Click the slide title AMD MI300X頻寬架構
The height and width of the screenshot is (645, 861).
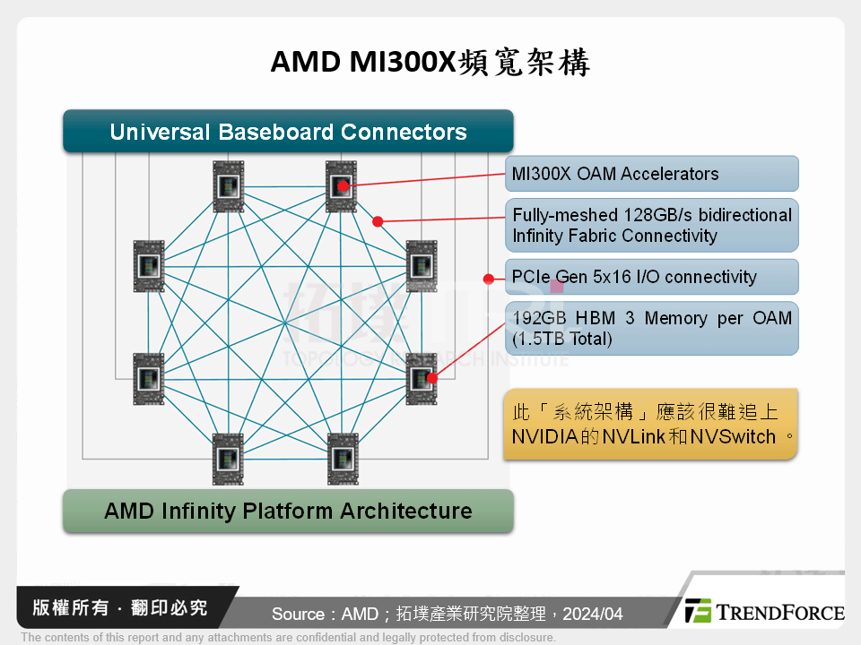(430, 63)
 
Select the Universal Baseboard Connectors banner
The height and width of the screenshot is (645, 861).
(288, 132)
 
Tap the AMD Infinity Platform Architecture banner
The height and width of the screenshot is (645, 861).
(288, 511)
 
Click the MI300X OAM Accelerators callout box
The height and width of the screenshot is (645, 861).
(651, 174)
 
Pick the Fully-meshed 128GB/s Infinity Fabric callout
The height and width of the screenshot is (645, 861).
(651, 226)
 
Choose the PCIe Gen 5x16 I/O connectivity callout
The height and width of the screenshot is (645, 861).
(651, 277)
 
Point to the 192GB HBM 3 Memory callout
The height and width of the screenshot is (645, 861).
(651, 329)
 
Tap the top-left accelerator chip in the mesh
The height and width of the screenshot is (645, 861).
(228, 186)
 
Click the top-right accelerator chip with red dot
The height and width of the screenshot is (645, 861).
(341, 186)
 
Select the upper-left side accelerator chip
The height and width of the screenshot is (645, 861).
(149, 266)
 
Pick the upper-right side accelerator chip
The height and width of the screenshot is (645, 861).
(421, 266)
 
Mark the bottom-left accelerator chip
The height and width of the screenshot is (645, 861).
(228, 458)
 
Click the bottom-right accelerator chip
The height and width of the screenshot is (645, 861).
(342, 458)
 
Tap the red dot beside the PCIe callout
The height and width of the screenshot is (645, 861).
(489, 279)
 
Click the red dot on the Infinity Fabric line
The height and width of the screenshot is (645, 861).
(378, 220)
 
